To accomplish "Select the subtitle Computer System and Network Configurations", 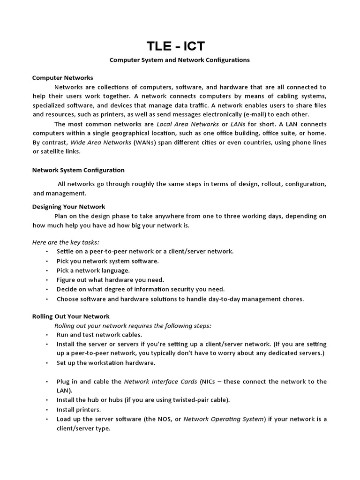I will (x=180, y=60).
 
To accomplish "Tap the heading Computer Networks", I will (x=62, y=78).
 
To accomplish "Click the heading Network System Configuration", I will (x=78, y=170).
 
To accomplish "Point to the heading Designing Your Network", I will (x=68, y=206).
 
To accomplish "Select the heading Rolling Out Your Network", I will (x=70, y=316).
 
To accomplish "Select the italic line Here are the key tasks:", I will (x=66, y=242).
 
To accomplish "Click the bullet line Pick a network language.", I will (x=93, y=270).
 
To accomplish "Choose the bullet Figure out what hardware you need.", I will (x=110, y=280).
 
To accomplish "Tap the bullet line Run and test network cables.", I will (x=99, y=335).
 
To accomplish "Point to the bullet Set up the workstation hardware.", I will (x=105, y=363).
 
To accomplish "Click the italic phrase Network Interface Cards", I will (x=160, y=382).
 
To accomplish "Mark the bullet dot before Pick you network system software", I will (x=47, y=261).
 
